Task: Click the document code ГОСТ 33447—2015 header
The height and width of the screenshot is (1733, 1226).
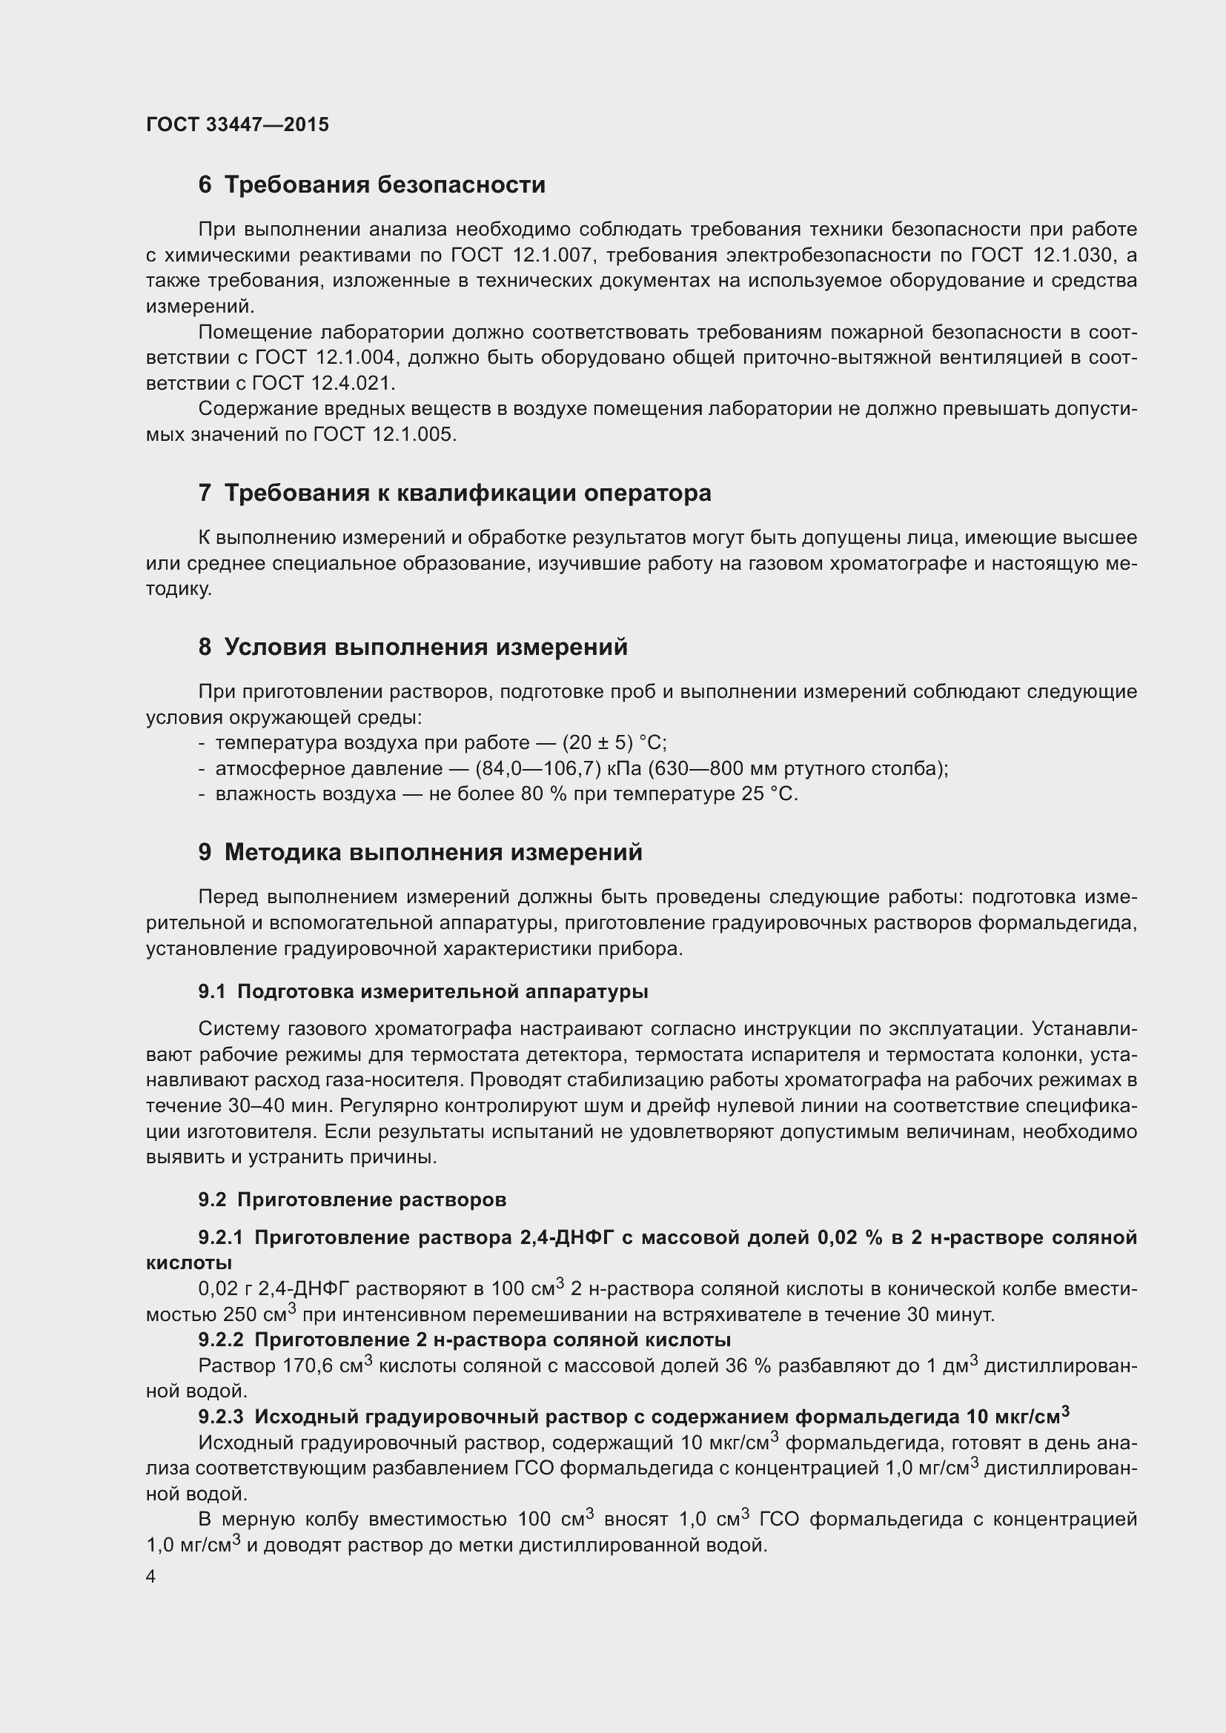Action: pyautogui.click(x=237, y=124)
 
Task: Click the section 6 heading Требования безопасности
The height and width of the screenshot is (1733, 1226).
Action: pyautogui.click(x=371, y=185)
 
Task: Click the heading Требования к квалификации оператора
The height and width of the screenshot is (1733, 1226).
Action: pyautogui.click(x=454, y=493)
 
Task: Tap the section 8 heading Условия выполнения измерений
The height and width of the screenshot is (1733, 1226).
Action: pyautogui.click(x=413, y=647)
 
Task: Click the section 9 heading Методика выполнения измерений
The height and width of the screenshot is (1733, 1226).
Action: pyautogui.click(x=420, y=852)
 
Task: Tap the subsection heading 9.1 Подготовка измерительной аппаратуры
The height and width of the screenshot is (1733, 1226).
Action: pyautogui.click(x=423, y=991)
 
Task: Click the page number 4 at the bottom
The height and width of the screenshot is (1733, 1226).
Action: pyautogui.click(x=151, y=1577)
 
